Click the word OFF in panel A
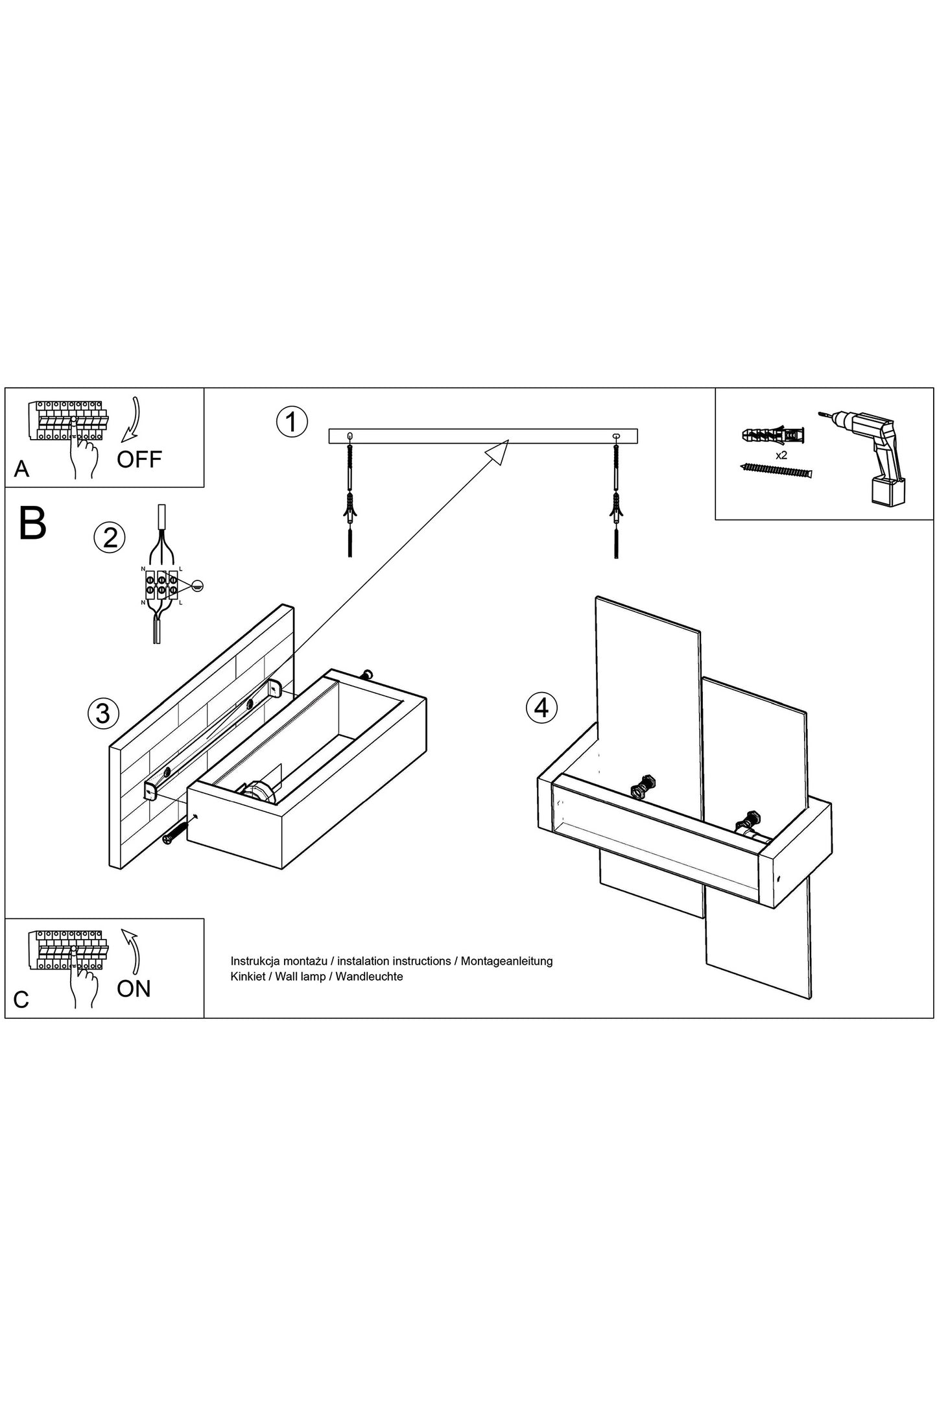[x=139, y=459]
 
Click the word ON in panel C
[x=134, y=988]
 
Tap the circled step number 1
[x=291, y=422]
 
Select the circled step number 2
[x=110, y=538]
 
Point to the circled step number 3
[x=103, y=713]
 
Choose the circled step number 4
[x=541, y=707]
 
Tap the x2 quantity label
[x=781, y=455]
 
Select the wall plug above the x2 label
[x=774, y=434]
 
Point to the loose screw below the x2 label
[x=775, y=469]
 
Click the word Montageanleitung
[x=506, y=961]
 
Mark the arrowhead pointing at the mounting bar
[x=497, y=450]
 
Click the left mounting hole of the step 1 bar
[x=350, y=435]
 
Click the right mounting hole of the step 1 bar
[x=616, y=435]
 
